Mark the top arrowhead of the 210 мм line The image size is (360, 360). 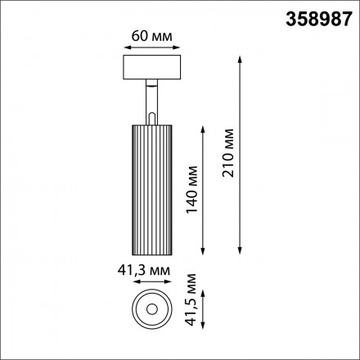click(240, 61)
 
